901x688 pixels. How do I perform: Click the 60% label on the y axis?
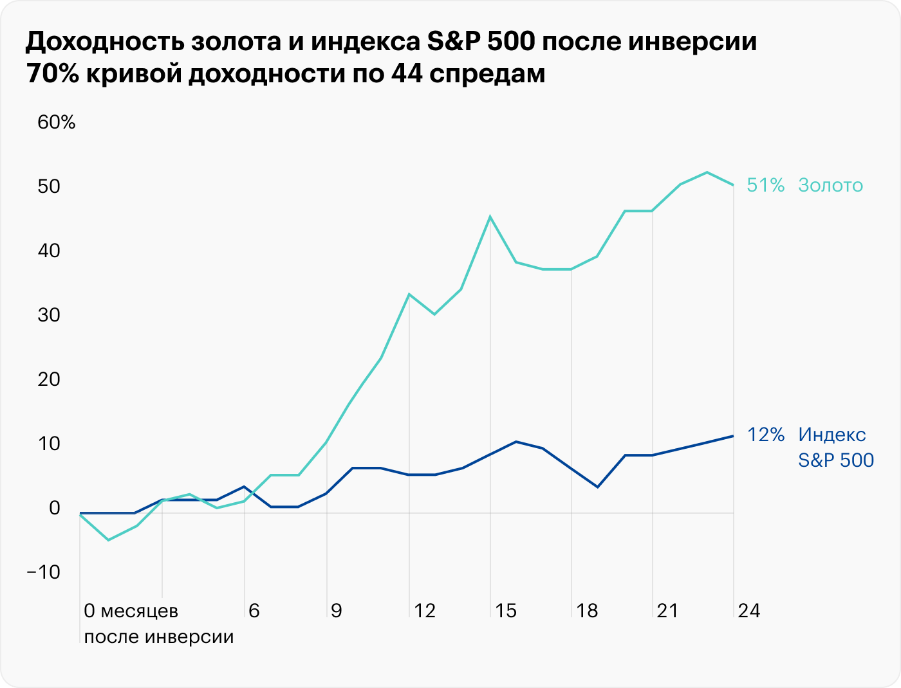(x=57, y=122)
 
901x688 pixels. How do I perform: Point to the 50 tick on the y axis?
(x=49, y=186)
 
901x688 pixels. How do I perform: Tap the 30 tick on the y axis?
(x=49, y=315)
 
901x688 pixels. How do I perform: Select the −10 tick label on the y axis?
(x=44, y=572)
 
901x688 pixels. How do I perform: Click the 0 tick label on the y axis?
(x=54, y=508)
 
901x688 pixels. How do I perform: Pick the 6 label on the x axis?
(x=254, y=610)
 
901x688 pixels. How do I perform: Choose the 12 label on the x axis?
(x=425, y=610)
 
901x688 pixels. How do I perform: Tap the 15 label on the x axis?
(x=506, y=610)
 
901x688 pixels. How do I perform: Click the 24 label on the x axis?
(x=749, y=610)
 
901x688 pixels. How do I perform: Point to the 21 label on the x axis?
(x=667, y=610)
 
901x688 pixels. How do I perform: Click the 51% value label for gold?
(x=766, y=185)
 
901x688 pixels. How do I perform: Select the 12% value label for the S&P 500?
(x=766, y=435)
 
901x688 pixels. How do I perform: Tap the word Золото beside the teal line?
(x=830, y=185)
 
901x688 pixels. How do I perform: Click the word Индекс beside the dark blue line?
(x=832, y=435)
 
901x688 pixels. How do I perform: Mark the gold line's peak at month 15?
(x=490, y=217)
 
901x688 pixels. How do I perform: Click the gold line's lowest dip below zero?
(x=108, y=539)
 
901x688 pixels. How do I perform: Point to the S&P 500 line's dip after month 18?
(x=598, y=487)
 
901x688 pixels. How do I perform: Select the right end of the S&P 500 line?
(x=733, y=436)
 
